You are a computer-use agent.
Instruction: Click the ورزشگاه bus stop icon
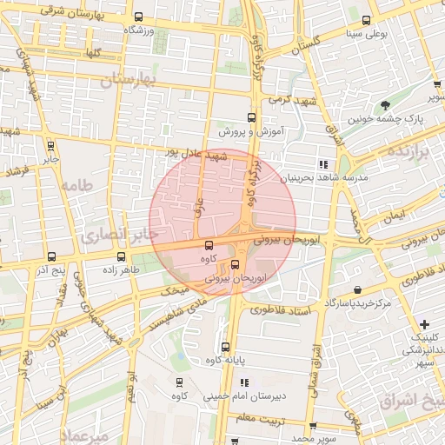pyautogui.click(x=139, y=17)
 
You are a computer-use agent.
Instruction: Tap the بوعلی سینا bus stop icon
pyautogui.click(x=366, y=21)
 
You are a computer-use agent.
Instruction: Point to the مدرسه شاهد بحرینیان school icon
pyautogui.click(x=323, y=163)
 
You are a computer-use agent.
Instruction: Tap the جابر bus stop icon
pyautogui.click(x=50, y=146)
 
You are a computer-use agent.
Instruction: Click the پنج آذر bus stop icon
pyautogui.click(x=51, y=257)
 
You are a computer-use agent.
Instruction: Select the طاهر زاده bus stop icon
pyautogui.click(x=121, y=256)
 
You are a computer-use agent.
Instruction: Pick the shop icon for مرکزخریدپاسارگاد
pyautogui.click(x=357, y=290)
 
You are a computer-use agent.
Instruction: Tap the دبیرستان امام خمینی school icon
pyautogui.click(x=244, y=382)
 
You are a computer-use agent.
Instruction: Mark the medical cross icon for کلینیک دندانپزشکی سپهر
pyautogui.click(x=424, y=324)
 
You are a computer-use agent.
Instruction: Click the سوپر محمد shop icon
pyautogui.click(x=312, y=427)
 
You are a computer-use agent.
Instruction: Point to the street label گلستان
pyautogui.click(x=303, y=42)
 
